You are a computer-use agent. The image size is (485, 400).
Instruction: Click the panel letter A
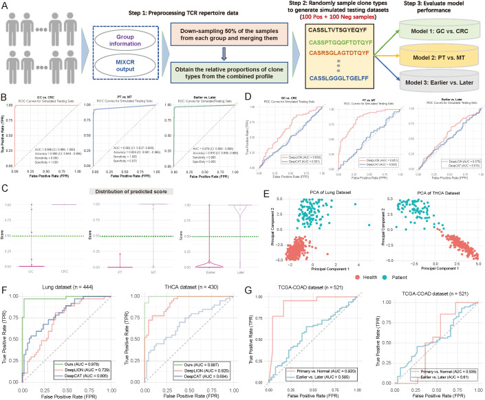click(x=6, y=5)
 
